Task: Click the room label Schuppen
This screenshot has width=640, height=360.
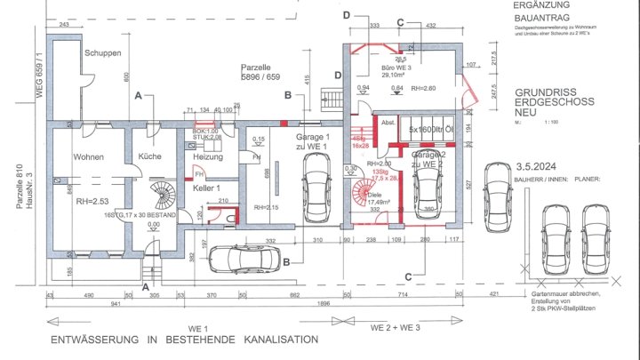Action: coord(102,53)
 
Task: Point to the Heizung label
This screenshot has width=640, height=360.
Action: coord(207,156)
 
